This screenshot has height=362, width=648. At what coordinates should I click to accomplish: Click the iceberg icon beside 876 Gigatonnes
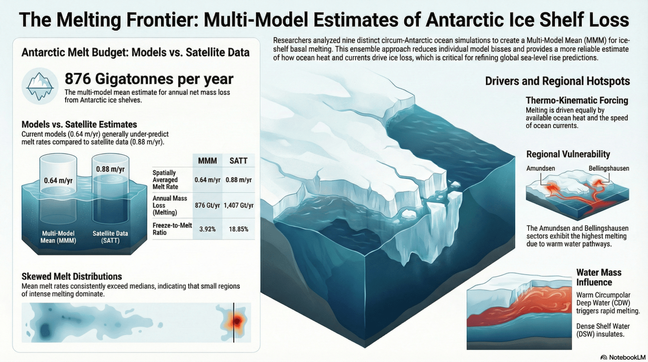click(x=40, y=86)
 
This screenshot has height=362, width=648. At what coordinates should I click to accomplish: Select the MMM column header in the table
click(x=207, y=161)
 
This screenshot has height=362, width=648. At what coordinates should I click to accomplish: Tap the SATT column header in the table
click(x=238, y=161)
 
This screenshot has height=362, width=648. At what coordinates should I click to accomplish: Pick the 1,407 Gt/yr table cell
click(x=239, y=205)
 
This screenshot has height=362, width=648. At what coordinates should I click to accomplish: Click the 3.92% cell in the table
click(x=207, y=229)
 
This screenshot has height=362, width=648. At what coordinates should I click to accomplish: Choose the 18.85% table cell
click(x=239, y=229)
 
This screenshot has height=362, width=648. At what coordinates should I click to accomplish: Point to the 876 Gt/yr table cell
click(x=207, y=205)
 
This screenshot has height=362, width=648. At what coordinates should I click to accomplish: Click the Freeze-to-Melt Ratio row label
click(x=172, y=229)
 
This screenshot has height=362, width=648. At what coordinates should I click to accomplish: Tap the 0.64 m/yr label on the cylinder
click(x=58, y=180)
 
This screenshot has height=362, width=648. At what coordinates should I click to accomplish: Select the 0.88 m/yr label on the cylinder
click(x=110, y=169)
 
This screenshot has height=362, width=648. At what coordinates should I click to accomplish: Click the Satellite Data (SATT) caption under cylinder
click(x=110, y=237)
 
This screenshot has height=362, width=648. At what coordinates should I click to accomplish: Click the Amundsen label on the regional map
click(x=541, y=168)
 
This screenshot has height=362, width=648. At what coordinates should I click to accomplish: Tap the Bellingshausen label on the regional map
click(x=609, y=168)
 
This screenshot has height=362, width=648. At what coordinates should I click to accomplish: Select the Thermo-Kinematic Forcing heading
click(x=577, y=100)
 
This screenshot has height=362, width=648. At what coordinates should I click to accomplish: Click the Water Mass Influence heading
click(x=599, y=277)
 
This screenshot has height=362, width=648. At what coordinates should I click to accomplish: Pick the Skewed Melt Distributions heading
click(x=72, y=276)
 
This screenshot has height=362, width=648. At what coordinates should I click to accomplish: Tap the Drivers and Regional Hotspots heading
click(x=557, y=81)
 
